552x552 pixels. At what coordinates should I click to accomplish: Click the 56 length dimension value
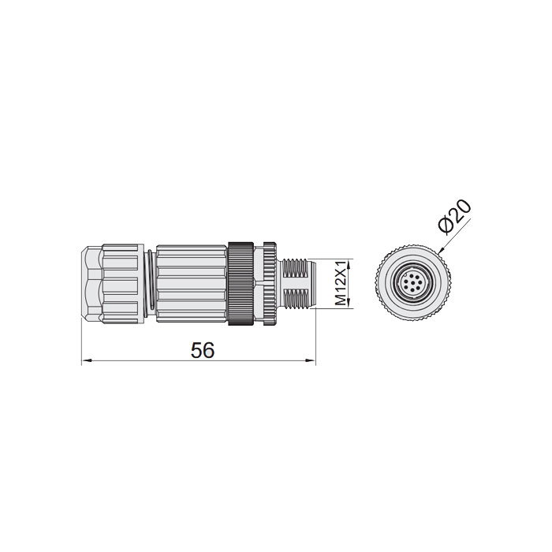(x=203, y=350)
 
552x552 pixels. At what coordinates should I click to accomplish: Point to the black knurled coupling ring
(x=241, y=282)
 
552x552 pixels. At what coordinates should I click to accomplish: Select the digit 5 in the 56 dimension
(x=196, y=350)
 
